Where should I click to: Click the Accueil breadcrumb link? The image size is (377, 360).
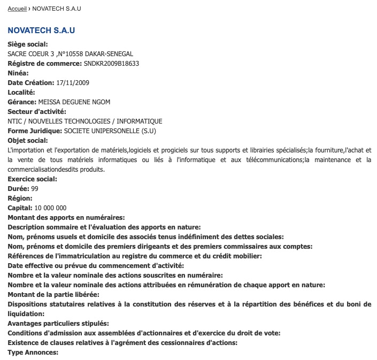coord(17,9)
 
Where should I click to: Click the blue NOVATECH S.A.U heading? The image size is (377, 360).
coord(41,30)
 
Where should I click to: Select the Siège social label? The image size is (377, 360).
coord(28,44)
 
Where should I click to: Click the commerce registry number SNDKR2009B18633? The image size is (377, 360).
coord(112,64)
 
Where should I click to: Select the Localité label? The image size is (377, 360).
coord(21,93)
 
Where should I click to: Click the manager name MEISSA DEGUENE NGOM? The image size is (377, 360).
coord(74,102)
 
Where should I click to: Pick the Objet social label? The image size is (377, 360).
coord(28,141)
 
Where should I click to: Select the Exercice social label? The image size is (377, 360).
coord(32,179)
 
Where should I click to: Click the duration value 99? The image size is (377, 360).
coord(35,189)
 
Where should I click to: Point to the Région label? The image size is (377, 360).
coord(20,198)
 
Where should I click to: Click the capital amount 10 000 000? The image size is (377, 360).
coord(50,208)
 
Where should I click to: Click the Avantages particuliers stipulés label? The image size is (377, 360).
coord(58,324)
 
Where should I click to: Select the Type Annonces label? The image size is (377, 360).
coord(33,353)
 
